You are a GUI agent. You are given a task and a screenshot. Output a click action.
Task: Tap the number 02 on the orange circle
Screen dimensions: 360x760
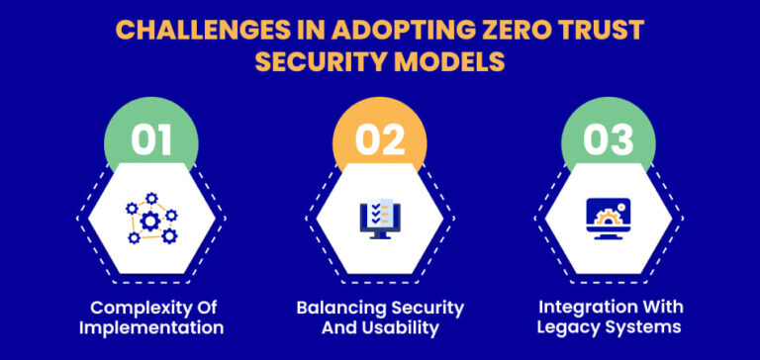click(379, 139)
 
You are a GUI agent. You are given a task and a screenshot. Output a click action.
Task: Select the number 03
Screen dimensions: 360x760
click(609, 139)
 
